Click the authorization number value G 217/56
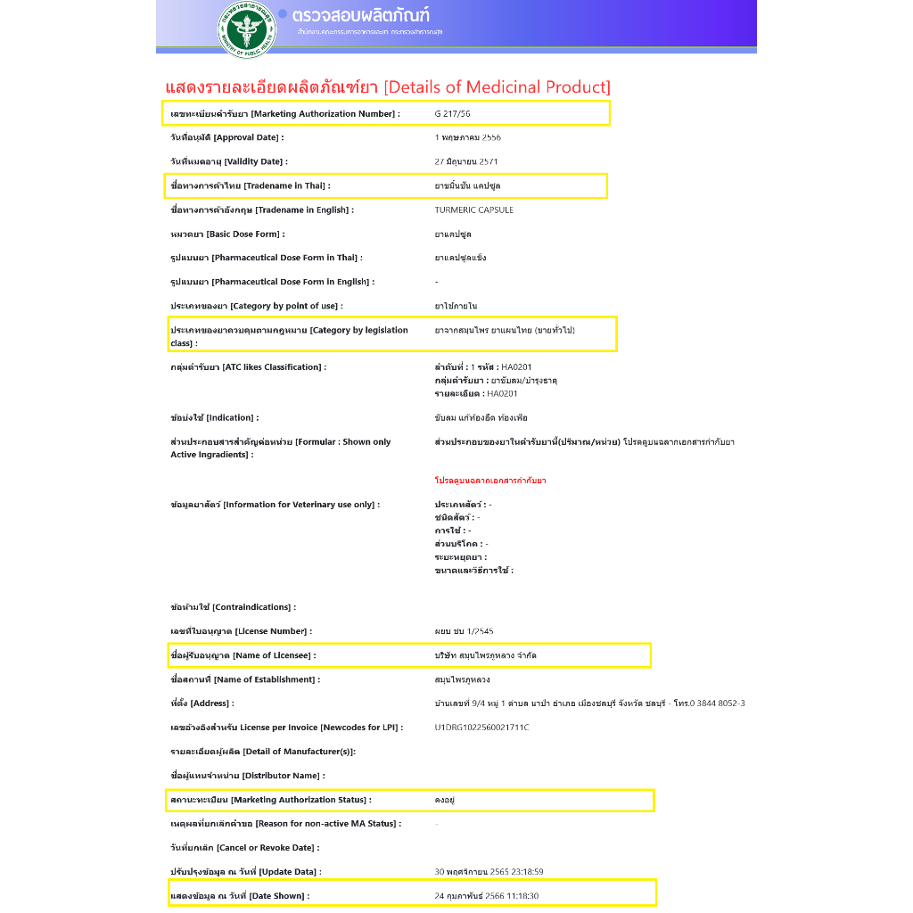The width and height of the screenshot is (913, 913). [452, 114]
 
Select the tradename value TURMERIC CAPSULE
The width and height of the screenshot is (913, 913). [473, 210]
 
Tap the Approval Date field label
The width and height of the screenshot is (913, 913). [226, 138]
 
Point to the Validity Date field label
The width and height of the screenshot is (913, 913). [228, 162]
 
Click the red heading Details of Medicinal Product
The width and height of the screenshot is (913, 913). [388, 87]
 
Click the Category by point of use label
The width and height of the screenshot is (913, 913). [256, 306]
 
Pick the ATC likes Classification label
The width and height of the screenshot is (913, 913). [248, 367]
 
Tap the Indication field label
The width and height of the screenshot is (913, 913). [214, 418]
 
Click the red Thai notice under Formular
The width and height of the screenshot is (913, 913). [490, 481]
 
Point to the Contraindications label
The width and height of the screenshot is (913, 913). [233, 607]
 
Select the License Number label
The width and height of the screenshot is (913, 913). [241, 631]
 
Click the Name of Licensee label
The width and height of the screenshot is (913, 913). [243, 655]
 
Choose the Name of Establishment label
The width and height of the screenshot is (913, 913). [244, 679]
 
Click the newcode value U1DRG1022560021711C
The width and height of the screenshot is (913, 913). [481, 728]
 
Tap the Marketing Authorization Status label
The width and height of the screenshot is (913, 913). [270, 800]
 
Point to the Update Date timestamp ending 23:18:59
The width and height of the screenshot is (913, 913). [489, 872]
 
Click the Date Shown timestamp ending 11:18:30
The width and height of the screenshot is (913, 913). [486, 896]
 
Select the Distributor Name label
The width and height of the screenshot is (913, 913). [247, 776]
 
